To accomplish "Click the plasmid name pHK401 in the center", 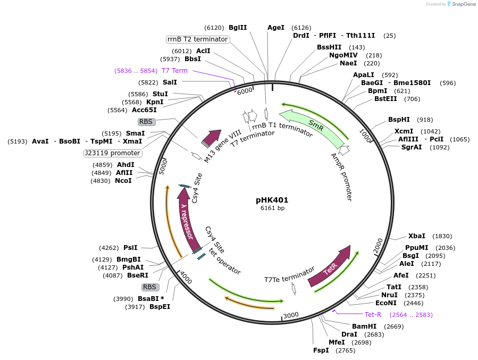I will pos(272,200).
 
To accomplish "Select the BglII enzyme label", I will pos(238,28).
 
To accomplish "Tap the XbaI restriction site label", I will pos(416,236).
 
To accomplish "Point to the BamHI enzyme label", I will pos(364,326).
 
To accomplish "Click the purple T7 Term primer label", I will pos(174,71).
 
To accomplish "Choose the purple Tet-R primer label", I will pos(373,315).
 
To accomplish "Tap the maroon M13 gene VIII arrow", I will pos(212,138).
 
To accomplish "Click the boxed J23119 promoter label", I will pos(113,153).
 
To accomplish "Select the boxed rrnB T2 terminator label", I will pos(197,39).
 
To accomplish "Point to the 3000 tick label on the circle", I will pos(291,315).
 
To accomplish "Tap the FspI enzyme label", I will pos(321,350).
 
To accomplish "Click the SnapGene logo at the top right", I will pos(462,4).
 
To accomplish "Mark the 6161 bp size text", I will pos(272,208).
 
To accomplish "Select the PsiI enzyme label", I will pos(130,248).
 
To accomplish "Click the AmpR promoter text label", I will pos(341,177).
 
